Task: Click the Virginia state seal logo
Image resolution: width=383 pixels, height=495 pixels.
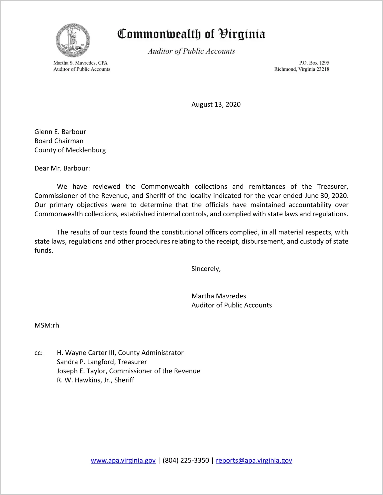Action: point(73,41)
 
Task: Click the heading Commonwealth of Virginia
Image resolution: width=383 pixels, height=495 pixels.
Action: point(191,34)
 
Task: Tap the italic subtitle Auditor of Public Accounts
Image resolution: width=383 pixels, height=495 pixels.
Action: point(191,51)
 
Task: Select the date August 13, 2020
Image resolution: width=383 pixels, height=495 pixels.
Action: point(216,104)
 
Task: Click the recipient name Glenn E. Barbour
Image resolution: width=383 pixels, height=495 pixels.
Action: point(60,132)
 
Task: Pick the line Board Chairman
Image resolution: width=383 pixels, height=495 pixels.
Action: point(59,141)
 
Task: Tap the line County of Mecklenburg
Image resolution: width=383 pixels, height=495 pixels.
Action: point(70,150)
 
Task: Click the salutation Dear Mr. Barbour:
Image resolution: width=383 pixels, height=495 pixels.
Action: point(62,168)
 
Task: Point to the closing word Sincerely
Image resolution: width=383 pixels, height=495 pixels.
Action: point(206,269)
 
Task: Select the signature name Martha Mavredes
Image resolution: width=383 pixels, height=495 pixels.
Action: point(219,296)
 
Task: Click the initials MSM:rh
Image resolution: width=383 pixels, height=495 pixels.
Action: point(47,325)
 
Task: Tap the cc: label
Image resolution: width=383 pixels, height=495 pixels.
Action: point(38,353)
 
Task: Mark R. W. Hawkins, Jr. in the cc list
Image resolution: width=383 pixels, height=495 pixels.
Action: point(84,380)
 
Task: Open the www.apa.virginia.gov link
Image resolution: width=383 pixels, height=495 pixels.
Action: point(123,460)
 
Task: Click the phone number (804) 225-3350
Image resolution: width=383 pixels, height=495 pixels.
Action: point(186,460)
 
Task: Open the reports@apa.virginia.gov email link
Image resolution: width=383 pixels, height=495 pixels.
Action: point(254,460)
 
